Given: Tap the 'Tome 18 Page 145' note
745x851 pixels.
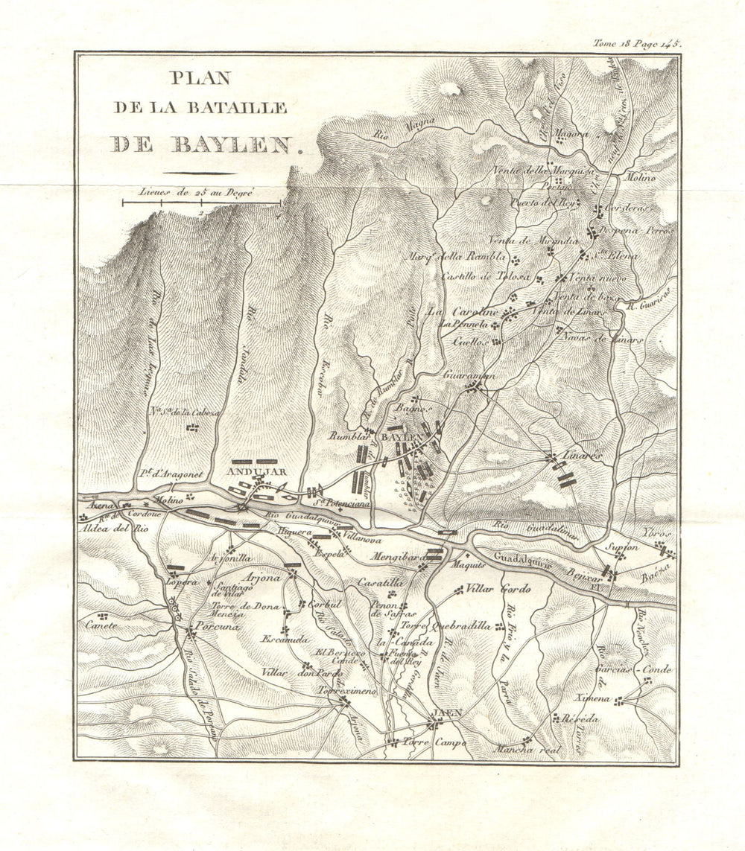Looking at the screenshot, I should click(x=636, y=43).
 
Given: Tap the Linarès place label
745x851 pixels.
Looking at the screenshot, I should click(x=581, y=455).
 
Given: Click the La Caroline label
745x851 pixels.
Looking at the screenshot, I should click(x=462, y=312).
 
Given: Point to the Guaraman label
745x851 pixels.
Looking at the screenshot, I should click(x=469, y=377).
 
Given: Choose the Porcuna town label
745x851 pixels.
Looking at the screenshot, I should click(x=217, y=627).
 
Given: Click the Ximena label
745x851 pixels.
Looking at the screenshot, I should click(x=594, y=698).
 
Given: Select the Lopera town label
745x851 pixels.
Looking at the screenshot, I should click(x=182, y=581).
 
